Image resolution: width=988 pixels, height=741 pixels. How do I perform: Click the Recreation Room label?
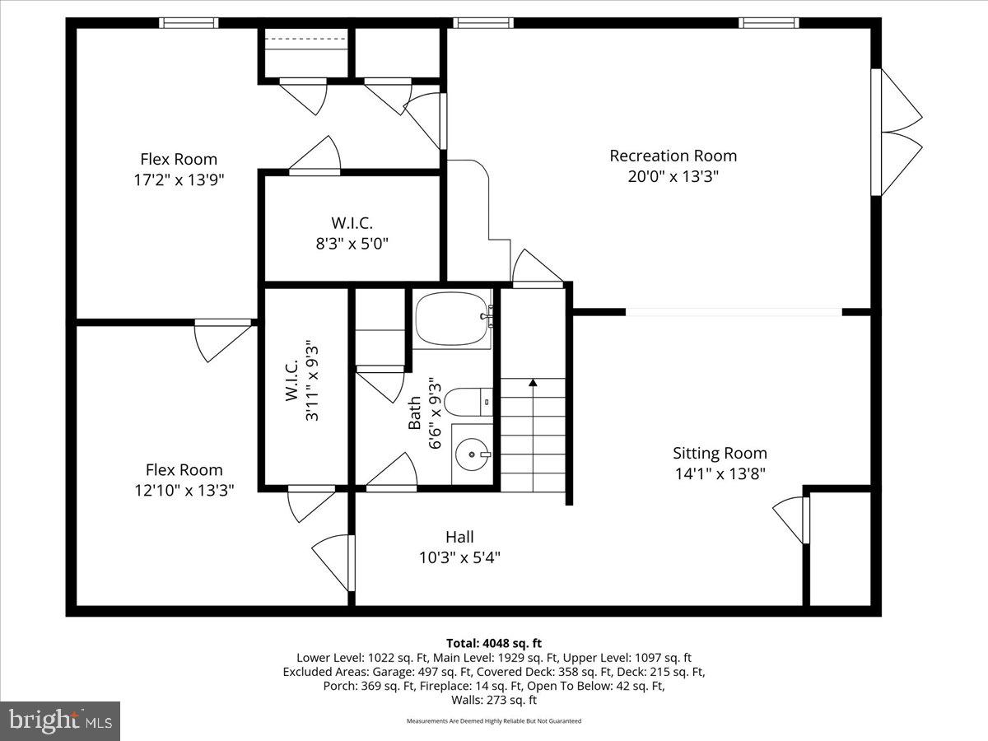[673, 156]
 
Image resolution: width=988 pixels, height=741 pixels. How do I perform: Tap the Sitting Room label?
[720, 453]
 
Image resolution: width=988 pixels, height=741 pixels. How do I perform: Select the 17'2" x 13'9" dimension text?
[179, 180]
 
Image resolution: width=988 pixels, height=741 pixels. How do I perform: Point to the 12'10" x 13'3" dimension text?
[184, 491]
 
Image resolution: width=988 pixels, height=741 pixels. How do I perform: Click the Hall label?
[459, 537]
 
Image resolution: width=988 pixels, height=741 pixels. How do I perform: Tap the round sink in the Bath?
[473, 453]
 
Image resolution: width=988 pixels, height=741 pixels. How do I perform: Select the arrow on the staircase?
[533, 383]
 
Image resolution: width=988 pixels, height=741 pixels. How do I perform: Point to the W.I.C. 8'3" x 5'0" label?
[352, 233]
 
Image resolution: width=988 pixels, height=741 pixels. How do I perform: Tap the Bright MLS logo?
[60, 721]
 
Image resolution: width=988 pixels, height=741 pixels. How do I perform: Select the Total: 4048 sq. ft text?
[493, 643]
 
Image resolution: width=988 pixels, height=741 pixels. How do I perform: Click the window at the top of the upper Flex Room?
[189, 23]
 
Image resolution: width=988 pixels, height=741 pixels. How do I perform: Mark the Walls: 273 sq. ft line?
[493, 701]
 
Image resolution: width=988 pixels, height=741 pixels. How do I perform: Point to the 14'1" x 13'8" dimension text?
[720, 474]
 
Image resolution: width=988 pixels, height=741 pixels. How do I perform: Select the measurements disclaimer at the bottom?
[493, 721]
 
